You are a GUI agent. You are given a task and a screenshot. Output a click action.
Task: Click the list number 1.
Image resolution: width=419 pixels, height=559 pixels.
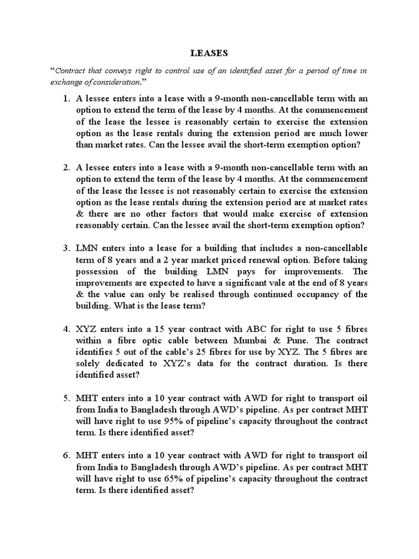point(66,99)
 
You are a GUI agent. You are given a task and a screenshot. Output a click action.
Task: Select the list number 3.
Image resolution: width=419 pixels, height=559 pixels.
point(66,248)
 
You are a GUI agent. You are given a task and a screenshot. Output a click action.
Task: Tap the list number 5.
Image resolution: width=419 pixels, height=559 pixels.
point(66,398)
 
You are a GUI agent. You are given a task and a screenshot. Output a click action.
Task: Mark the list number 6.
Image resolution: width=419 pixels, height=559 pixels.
point(66,455)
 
